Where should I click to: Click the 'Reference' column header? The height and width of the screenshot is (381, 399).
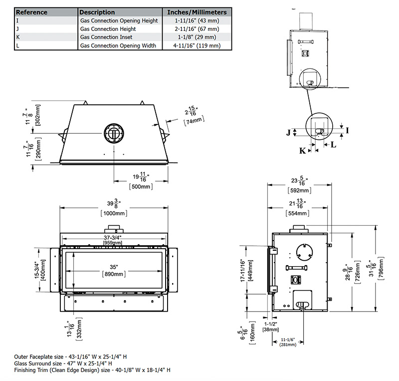32,12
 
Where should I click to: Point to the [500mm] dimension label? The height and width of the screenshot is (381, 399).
141,186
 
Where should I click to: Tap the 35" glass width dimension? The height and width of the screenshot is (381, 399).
115,266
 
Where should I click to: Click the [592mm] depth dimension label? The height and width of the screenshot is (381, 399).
299,190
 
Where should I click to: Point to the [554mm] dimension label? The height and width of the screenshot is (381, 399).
299,213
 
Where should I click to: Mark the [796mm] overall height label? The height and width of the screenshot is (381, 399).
382,269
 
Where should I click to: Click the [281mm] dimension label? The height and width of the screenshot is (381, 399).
287,344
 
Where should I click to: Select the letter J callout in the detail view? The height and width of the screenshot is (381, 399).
288,132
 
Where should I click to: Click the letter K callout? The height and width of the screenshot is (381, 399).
302,150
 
